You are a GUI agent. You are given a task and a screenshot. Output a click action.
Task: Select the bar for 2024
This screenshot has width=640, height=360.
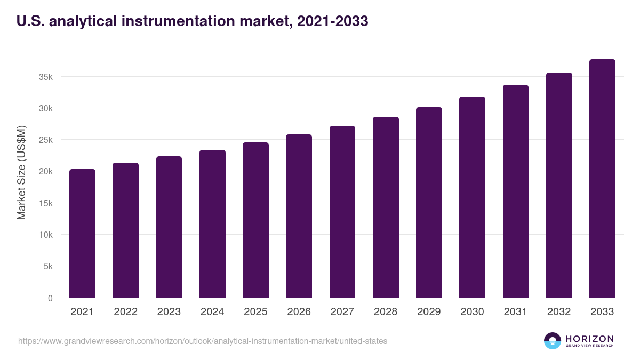pyautogui.click(x=212, y=224)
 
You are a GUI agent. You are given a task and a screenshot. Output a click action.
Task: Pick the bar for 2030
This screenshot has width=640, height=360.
pyautogui.click(x=472, y=197)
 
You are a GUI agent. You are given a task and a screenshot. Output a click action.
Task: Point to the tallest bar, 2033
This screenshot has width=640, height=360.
pyautogui.click(x=602, y=179)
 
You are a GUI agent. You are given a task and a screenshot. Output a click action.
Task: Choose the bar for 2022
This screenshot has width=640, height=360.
pyautogui.click(x=125, y=230)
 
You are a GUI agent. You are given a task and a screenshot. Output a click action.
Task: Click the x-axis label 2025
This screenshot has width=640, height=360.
pyautogui.click(x=255, y=312)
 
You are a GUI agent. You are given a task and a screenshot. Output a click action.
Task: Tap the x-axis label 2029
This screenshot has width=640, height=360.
pyautogui.click(x=429, y=312)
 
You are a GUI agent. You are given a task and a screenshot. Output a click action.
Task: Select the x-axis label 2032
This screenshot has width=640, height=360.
pyautogui.click(x=559, y=312)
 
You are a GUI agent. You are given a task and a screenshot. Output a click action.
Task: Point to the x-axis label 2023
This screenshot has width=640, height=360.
pyautogui.click(x=169, y=312)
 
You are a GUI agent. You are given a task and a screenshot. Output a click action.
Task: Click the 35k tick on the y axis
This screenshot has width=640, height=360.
pyautogui.click(x=46, y=77)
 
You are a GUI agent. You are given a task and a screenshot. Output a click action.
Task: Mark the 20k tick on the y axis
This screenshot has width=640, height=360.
pyautogui.click(x=46, y=172)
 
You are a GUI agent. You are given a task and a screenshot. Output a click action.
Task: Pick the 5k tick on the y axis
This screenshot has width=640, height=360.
pyautogui.click(x=48, y=266)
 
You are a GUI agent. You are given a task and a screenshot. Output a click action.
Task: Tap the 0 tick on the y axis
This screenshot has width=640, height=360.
pyautogui.click(x=50, y=298)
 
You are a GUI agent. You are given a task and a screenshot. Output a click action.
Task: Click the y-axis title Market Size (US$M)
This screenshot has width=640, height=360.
pyautogui.click(x=21, y=173)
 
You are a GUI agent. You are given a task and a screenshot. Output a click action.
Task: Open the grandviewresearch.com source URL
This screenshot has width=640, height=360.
pyautogui.click(x=203, y=341)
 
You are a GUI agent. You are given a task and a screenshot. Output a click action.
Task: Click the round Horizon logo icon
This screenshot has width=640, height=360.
pyautogui.click(x=553, y=341)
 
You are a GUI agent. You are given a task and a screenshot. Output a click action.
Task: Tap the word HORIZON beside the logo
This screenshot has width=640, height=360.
pyautogui.click(x=589, y=339)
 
